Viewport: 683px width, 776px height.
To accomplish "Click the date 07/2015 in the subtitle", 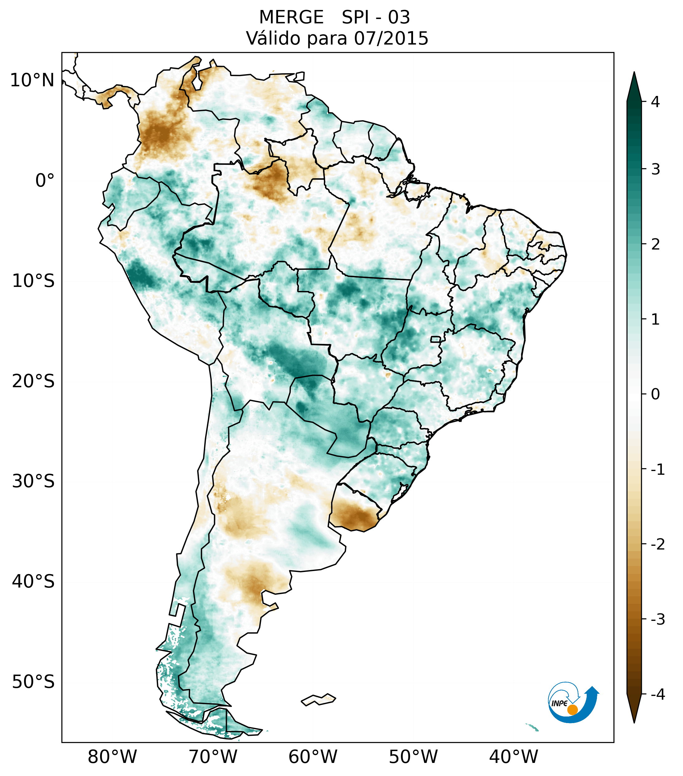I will pyautogui.click(x=391, y=38).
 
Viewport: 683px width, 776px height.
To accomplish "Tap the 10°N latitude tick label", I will pyautogui.click(x=32, y=80).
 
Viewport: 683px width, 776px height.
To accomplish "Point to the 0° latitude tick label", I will pyautogui.click(x=45, y=181).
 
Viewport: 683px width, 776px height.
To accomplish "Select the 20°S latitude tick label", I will pyautogui.click(x=33, y=381).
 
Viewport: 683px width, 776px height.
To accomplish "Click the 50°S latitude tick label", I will pyautogui.click(x=33, y=682).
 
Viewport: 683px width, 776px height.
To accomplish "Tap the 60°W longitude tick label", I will pyautogui.click(x=313, y=757).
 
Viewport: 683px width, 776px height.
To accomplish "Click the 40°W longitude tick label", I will pyautogui.click(x=514, y=757).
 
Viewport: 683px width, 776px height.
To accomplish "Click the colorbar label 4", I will pyautogui.click(x=655, y=102).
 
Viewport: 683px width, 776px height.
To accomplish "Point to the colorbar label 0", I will pyautogui.click(x=655, y=394).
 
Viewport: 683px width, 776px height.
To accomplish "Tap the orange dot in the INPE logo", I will pyautogui.click(x=572, y=710).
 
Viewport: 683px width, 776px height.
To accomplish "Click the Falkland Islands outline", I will pyautogui.click(x=318, y=699).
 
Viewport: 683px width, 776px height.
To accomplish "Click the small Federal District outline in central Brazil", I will pyautogui.click(x=435, y=339).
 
